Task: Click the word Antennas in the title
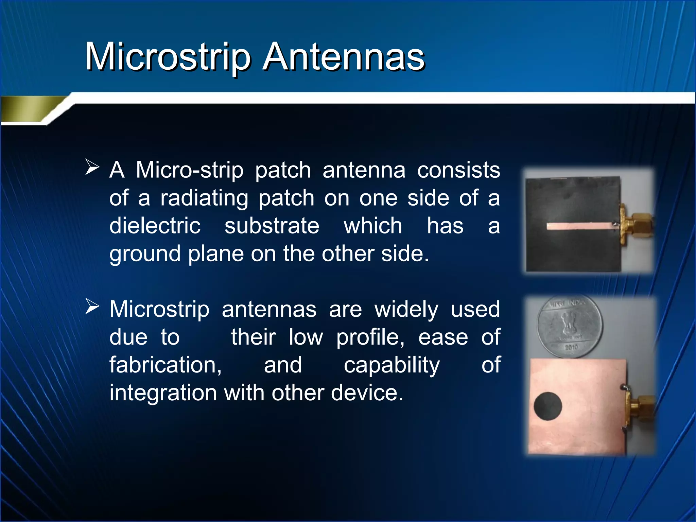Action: pos(344,57)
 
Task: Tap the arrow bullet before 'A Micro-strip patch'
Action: pos(92,167)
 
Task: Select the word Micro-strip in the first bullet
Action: pos(190,170)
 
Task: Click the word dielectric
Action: pos(155,226)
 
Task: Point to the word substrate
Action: pos(272,226)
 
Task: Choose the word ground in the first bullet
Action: pos(145,254)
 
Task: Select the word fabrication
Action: pos(166,365)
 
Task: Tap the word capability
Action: pos(392,366)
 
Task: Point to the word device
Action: pos(367,393)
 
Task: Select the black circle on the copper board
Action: pos(548,406)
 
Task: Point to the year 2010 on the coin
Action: pos(571,347)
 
